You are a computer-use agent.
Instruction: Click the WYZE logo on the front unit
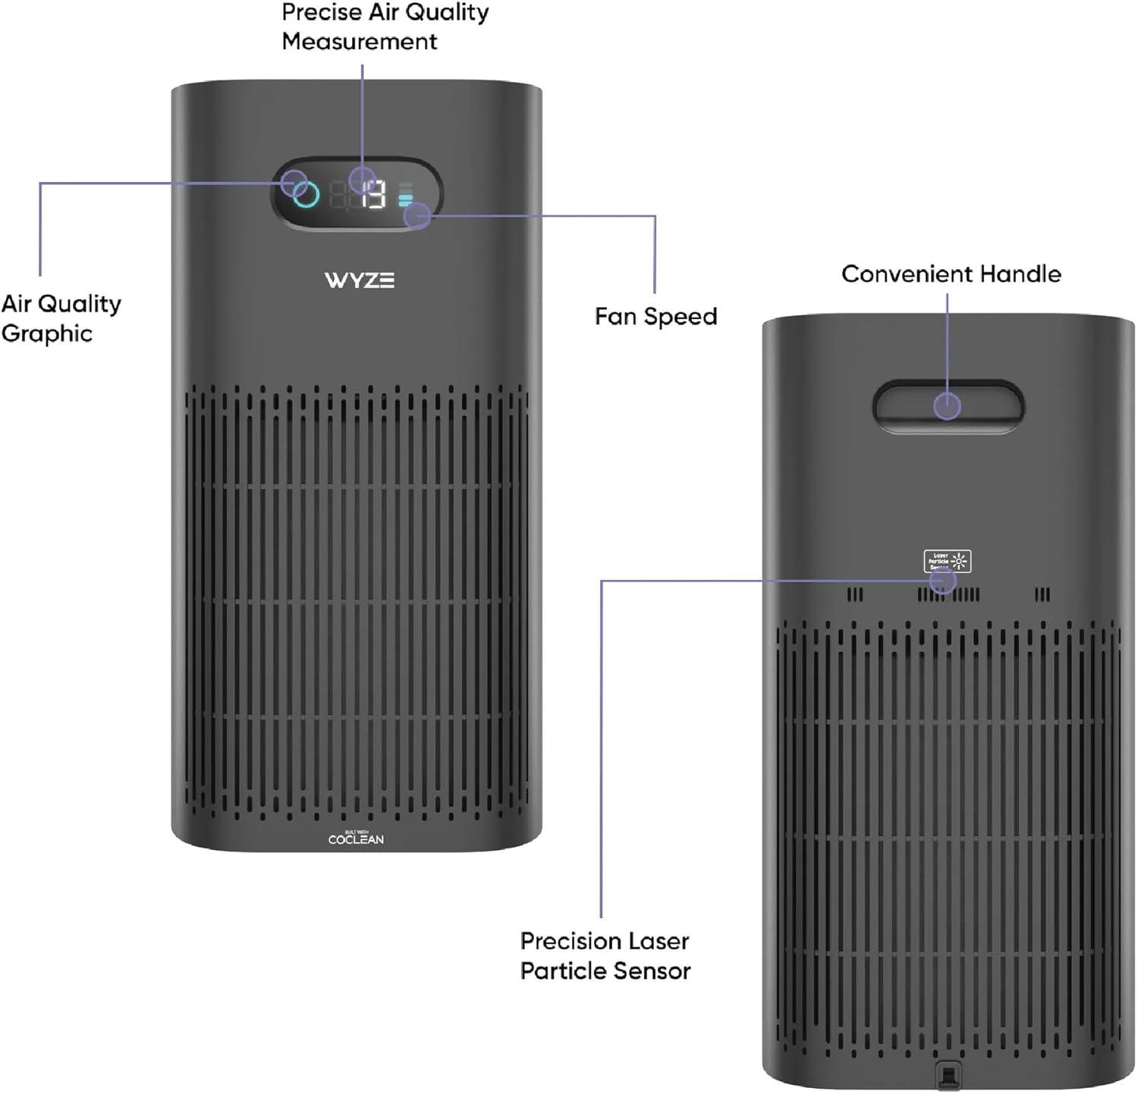point(360,281)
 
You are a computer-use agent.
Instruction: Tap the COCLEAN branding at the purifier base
point(356,839)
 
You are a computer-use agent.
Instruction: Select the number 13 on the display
point(373,196)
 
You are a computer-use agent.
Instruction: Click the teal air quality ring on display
point(307,194)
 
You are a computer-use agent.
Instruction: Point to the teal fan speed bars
point(405,200)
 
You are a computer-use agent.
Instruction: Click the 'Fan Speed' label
point(655,316)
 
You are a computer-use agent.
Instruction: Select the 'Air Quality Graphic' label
point(61,318)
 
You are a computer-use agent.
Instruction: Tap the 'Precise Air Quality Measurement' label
point(385,27)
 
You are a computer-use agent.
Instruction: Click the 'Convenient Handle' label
point(951,274)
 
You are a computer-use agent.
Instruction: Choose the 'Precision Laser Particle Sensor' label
point(605,956)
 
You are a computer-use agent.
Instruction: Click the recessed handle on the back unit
point(948,406)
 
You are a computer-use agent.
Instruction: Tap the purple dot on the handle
point(947,406)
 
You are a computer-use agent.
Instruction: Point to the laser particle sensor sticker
point(947,561)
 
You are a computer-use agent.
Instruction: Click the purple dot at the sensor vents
point(943,581)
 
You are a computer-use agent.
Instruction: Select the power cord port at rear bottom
point(948,1074)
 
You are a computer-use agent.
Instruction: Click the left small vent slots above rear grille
point(855,594)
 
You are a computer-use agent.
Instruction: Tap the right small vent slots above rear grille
point(1043,594)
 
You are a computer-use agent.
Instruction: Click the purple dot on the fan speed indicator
point(417,216)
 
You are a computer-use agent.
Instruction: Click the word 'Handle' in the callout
point(1020,274)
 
